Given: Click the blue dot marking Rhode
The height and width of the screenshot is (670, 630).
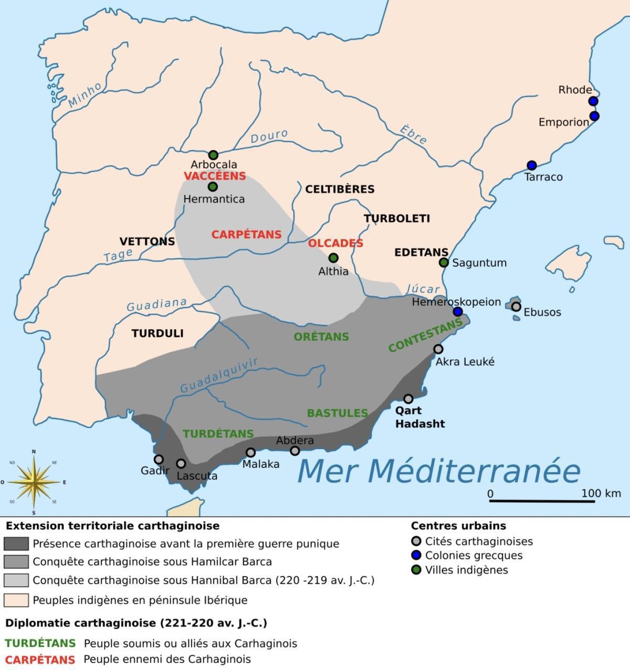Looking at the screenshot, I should pos(593,101).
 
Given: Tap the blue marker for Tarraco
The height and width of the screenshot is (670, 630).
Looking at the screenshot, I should pos(532,165).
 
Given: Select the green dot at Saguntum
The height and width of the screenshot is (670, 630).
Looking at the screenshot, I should pos(444,262).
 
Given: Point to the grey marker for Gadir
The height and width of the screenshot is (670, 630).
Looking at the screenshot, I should pos(159,460).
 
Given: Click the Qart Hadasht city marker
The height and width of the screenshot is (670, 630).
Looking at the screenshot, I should pos(408,399).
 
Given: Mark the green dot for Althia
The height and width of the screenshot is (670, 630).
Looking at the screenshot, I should pos(333,258).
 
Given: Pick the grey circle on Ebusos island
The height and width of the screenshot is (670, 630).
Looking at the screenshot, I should pos(516,306).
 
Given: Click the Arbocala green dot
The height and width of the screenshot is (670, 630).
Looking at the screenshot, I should pos(213,155).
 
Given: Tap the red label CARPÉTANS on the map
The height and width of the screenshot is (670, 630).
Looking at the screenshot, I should pos(246,235).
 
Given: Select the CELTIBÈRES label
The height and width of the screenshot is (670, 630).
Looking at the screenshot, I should pos(340,189).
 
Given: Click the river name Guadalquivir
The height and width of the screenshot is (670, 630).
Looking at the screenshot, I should pos(219,376).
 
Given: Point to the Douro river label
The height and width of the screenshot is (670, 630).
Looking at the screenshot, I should pos(269,136).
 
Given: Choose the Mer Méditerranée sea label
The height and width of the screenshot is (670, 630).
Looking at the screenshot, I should pos(438,471).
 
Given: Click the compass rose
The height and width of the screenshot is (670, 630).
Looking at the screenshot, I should pos(34,481).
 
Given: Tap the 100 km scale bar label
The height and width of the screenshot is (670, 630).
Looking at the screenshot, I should pos(601,493).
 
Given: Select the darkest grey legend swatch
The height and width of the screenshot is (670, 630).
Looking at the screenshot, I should pos(16,544).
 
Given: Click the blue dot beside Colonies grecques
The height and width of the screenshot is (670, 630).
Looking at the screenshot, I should pos(416,556).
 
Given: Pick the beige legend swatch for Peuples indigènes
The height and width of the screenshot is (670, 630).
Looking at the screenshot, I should pos(16,600).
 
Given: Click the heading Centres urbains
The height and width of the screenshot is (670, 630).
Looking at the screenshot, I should pos(458,526).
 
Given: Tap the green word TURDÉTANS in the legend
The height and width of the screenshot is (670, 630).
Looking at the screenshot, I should pos(40,643).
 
